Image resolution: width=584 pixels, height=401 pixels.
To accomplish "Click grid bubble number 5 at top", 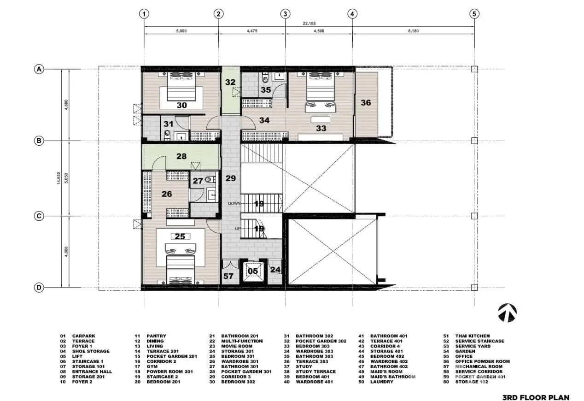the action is [474, 14].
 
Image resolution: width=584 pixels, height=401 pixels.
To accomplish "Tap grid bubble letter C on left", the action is [39, 216].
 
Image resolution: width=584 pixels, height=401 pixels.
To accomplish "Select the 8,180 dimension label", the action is [413, 31].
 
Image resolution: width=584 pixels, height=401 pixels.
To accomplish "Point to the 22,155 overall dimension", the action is [309, 24].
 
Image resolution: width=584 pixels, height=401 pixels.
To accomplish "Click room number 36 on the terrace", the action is [366, 103].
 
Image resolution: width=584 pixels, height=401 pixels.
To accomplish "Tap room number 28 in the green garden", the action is [181, 156].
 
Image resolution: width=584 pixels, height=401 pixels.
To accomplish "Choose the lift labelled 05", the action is [253, 271].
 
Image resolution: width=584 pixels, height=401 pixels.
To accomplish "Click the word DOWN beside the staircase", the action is [234, 204].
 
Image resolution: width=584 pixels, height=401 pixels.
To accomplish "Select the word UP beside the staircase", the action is [238, 229].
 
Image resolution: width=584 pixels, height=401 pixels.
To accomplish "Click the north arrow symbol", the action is [508, 313].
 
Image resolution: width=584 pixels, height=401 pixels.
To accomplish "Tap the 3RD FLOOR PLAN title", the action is [536, 397].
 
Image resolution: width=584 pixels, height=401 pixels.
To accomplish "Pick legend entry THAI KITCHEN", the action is [473, 336].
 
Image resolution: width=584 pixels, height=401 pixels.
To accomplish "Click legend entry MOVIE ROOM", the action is [237, 346].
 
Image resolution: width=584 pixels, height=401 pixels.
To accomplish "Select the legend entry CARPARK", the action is [84, 336].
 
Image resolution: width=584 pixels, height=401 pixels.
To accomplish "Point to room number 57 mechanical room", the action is [228, 276].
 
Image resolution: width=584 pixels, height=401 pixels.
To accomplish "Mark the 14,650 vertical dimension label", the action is [58, 178].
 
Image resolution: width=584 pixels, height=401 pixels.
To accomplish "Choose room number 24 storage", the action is [275, 270].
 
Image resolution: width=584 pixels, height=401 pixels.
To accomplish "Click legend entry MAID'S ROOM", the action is [386, 372].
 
